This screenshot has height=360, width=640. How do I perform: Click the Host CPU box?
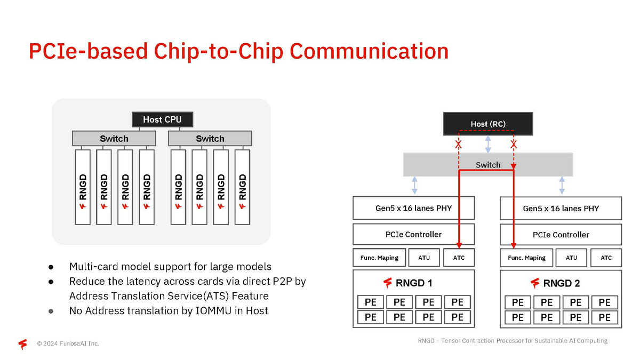tap(162, 119)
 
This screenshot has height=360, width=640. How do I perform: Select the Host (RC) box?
tap(488, 124)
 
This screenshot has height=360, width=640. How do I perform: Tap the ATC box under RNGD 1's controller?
tap(459, 258)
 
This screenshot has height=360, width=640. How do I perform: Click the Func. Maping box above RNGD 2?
tap(526, 258)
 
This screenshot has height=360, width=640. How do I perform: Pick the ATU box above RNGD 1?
tap(424, 258)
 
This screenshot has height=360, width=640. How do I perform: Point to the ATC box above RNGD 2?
tap(606, 258)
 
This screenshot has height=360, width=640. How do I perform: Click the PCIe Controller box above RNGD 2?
tap(561, 235)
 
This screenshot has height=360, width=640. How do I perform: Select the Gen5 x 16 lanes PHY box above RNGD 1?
tap(413, 208)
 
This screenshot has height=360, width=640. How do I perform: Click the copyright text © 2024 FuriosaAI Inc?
tap(68, 343)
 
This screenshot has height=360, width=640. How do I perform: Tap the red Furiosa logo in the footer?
tap(22, 344)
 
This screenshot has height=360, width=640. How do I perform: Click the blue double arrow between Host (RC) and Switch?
tap(488, 144)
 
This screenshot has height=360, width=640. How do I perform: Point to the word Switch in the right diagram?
tap(488, 165)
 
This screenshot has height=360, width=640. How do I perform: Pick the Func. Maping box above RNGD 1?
tap(379, 258)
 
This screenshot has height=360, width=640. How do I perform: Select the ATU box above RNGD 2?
tap(571, 258)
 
